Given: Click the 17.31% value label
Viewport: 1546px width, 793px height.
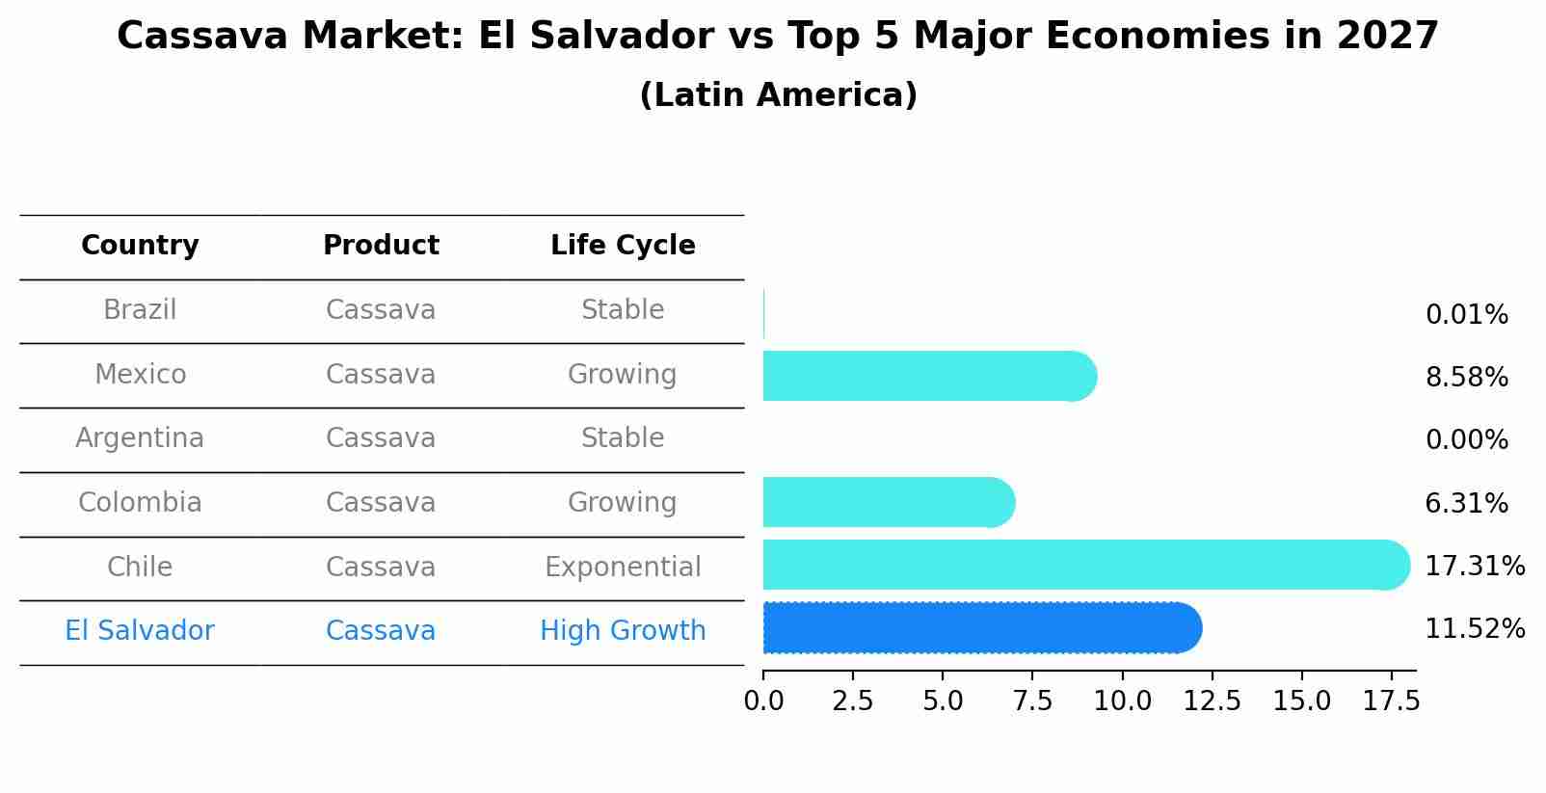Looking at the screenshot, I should point(1474,567).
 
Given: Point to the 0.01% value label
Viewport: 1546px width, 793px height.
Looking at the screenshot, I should point(1466,315).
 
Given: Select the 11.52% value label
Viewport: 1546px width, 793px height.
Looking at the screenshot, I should point(1474,629).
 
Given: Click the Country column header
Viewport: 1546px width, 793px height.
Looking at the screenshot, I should point(140,246).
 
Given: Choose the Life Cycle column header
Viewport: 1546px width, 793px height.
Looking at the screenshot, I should point(623,246).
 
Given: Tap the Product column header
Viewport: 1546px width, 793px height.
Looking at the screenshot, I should point(381,246).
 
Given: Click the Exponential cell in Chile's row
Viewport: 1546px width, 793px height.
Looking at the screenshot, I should point(623,567).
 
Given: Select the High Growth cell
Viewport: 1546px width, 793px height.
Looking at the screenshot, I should point(623,631).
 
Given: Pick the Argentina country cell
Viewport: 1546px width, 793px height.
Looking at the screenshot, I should point(140,438).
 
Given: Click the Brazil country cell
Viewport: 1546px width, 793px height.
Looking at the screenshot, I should point(140,310).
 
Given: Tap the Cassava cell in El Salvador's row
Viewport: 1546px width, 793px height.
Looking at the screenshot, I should point(381,631).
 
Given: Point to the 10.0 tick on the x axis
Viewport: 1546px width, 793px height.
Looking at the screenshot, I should point(1122,700).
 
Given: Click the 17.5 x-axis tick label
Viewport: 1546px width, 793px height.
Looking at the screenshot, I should point(1391,700).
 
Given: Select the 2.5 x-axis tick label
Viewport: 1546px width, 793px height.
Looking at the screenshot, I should point(852,700).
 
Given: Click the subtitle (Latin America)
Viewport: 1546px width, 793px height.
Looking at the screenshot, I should point(778,95).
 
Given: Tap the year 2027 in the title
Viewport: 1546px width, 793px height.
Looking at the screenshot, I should point(1387,37).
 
